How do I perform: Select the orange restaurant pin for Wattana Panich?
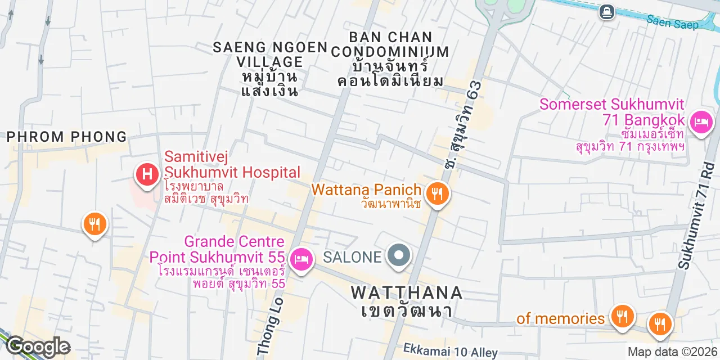click(437, 194)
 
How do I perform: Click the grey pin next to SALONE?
click(399, 256)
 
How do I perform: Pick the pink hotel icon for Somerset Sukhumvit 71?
click(701, 121)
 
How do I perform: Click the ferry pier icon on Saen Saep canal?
click(606, 11)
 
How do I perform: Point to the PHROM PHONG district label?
click(67, 137)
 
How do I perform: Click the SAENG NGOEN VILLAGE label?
click(270, 54)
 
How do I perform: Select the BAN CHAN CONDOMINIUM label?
click(390, 44)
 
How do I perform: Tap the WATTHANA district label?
click(407, 292)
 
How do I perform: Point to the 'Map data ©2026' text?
click(672, 352)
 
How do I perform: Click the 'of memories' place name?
click(560, 318)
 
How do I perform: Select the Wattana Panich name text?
click(366, 190)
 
